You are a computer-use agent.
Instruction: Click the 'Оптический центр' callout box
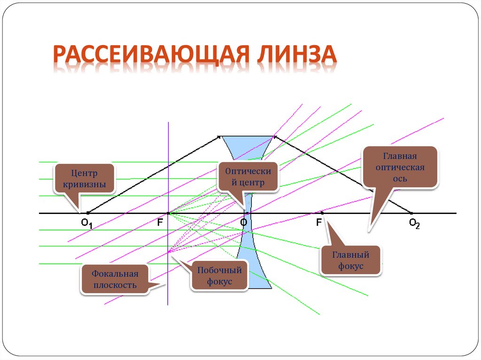pyautogui.click(x=248, y=177)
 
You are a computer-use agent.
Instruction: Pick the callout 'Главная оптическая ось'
pyautogui.click(x=401, y=167)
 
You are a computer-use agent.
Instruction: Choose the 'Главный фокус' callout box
pyautogui.click(x=350, y=260)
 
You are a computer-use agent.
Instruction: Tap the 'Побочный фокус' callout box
pyautogui.click(x=219, y=276)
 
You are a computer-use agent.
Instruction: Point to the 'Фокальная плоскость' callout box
pyautogui.click(x=115, y=279)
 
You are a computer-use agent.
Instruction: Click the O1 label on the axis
pyautogui.click(x=87, y=224)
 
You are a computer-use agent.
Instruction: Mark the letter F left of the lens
pyautogui.click(x=160, y=223)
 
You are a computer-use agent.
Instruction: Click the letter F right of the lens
pyautogui.click(x=319, y=222)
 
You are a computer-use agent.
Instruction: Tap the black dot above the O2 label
pyautogui.click(x=412, y=214)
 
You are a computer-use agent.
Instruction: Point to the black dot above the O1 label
pyautogui.click(x=88, y=214)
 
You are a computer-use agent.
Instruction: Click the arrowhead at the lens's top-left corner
pyautogui.click(x=219, y=137)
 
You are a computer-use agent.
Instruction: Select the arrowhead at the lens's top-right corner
pyautogui.click(x=275, y=137)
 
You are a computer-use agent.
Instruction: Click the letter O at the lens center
pyautogui.click(x=243, y=222)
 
